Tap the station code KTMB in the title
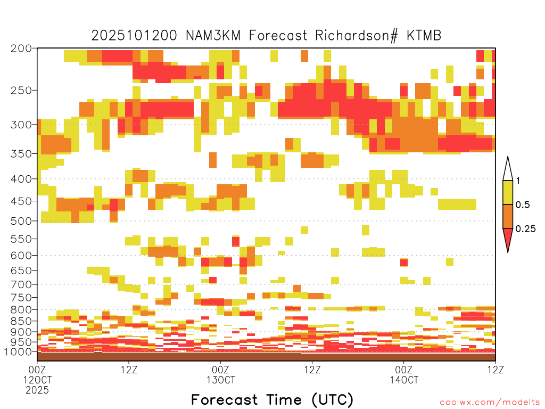(424, 36)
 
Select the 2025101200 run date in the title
(134, 36)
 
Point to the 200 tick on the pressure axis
(21, 48)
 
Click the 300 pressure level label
(21, 125)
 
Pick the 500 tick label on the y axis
(21, 221)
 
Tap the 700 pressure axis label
(21, 284)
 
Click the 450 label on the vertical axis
(21, 201)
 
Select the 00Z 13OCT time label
(221, 374)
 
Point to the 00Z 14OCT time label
(404, 374)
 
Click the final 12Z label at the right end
(496, 370)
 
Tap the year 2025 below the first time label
(37, 390)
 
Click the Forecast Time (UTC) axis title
(272, 399)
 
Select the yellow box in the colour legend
(508, 192)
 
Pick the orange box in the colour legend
(508, 216)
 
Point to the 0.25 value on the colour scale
(525, 229)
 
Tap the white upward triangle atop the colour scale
(508, 169)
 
